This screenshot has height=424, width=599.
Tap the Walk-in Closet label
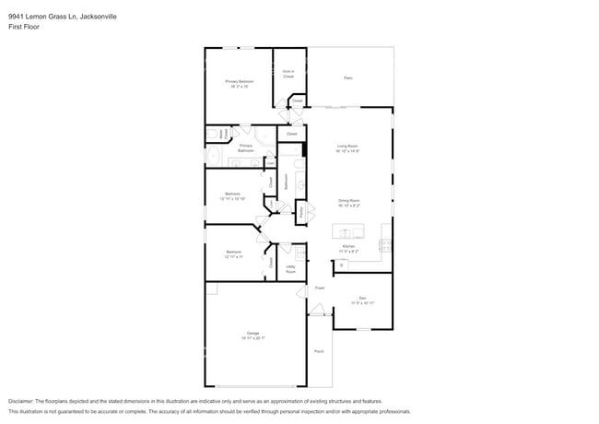pos(288,74)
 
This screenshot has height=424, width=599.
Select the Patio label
pos(348,77)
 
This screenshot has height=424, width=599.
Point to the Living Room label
pos(347,147)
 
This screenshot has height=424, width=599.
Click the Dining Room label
pos(347,203)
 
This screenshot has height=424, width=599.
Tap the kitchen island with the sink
pos(348,230)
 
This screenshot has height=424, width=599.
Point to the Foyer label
pos(320,289)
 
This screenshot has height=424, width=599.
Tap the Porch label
pos(319,351)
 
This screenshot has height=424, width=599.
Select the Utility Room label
pos(290,269)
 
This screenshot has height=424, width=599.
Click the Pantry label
pos(301,212)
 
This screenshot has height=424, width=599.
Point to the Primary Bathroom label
pos(246,147)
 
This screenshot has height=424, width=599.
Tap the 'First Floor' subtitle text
pos(24,27)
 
